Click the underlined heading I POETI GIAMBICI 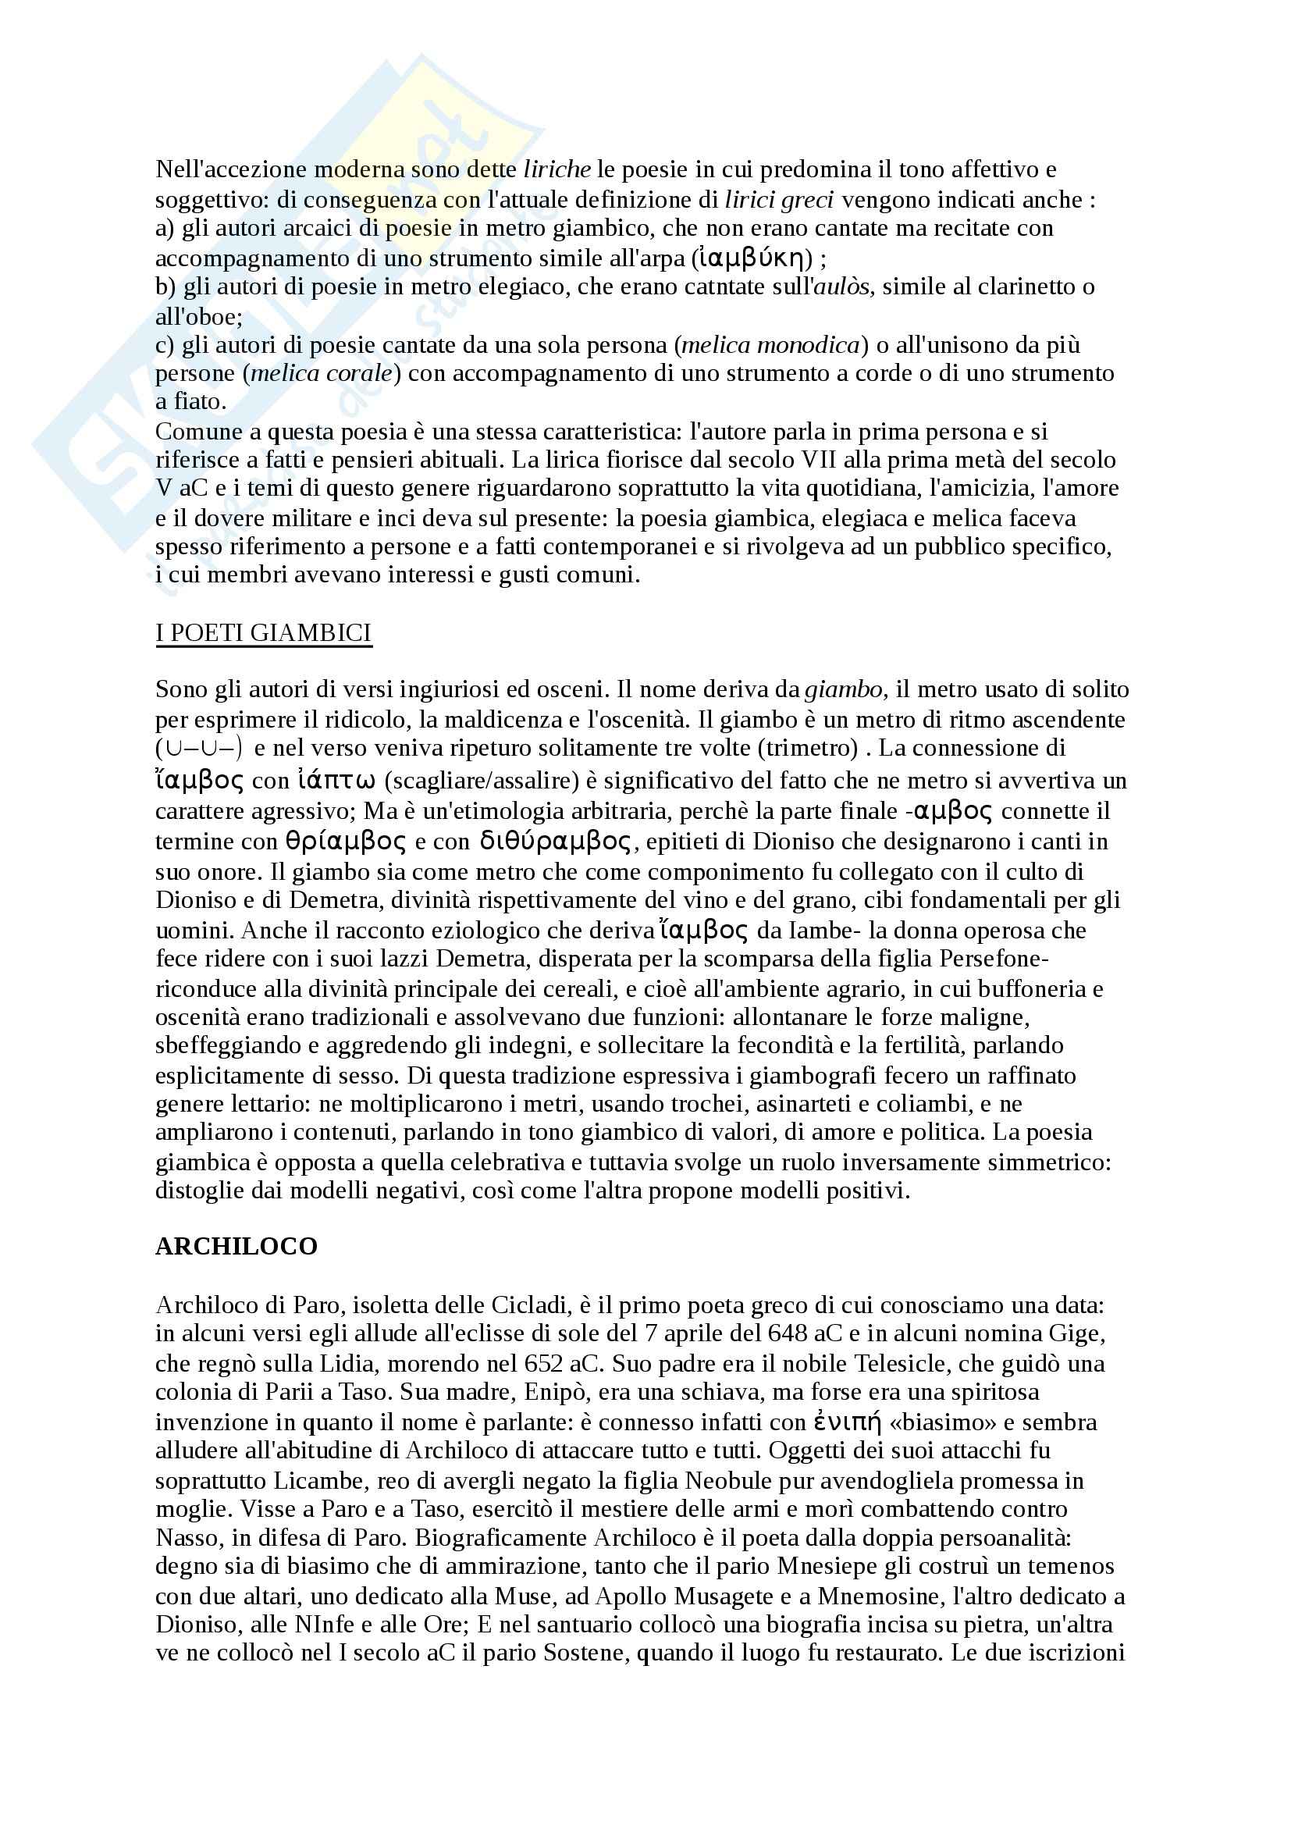[263, 633]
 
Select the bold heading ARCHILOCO [236, 1246]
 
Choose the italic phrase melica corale [322, 373]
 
